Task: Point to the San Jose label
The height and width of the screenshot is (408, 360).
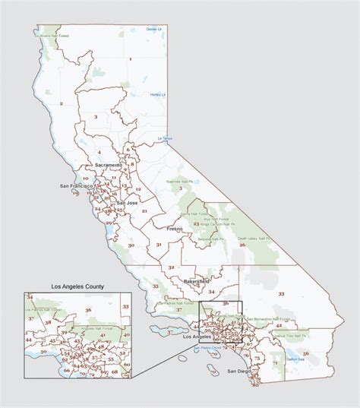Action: pos(127,203)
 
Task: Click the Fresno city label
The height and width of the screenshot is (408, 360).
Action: pos(177,228)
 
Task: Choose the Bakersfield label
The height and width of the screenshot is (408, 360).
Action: pos(200,281)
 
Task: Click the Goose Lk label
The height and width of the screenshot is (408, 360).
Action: pos(155,29)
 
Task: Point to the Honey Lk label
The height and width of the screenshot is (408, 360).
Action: pos(157,95)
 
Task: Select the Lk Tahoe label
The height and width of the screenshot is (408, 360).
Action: pos(165,138)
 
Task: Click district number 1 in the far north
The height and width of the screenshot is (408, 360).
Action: pos(130,59)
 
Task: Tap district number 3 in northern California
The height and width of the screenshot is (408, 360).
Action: pos(96,116)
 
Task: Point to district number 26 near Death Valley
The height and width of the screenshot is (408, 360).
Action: pos(242,245)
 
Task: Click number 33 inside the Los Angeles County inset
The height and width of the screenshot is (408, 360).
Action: pos(126,306)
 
